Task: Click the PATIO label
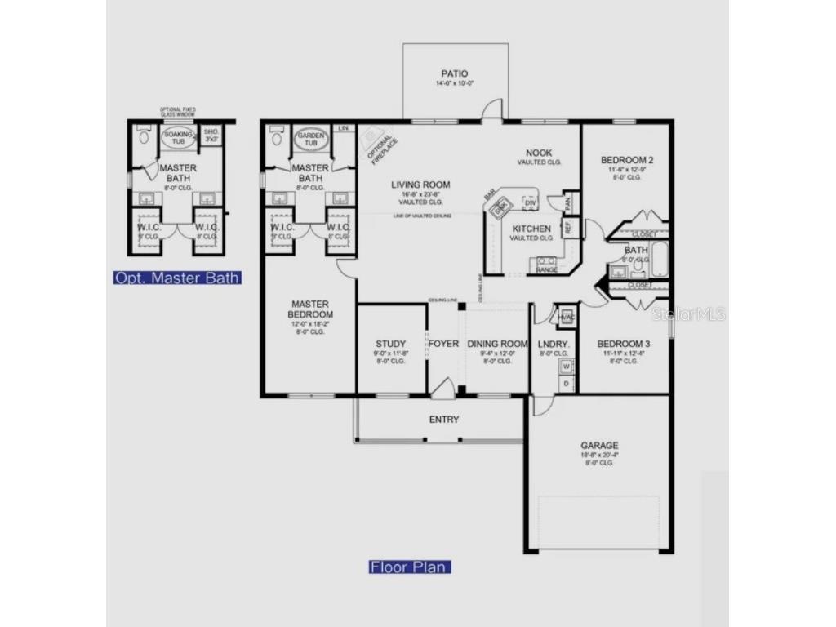(x=456, y=73)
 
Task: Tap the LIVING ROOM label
(x=420, y=185)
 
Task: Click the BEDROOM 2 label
(x=627, y=160)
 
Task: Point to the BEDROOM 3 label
(x=624, y=344)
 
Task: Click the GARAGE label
(x=599, y=446)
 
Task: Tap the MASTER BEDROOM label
(x=310, y=309)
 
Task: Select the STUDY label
(x=391, y=344)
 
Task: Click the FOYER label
(x=444, y=344)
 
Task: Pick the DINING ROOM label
(x=497, y=344)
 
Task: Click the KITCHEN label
(x=531, y=229)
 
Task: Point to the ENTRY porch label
(x=444, y=420)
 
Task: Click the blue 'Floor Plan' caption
(x=410, y=567)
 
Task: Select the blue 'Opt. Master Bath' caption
(x=177, y=278)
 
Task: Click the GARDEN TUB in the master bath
(x=311, y=139)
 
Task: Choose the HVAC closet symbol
(x=567, y=316)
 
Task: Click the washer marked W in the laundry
(x=566, y=366)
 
